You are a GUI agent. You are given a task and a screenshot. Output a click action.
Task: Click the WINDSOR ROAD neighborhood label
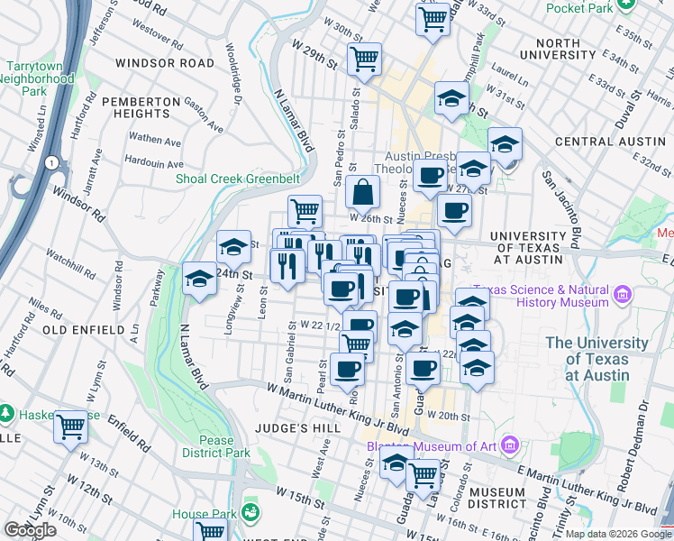(x=165, y=64)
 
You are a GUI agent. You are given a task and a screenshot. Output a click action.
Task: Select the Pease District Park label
(x=216, y=447)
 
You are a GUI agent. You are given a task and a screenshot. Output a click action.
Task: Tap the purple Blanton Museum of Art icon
(x=510, y=445)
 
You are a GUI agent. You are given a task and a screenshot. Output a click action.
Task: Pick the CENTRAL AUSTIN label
(x=609, y=142)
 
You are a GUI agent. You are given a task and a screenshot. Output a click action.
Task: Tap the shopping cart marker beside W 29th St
(x=364, y=60)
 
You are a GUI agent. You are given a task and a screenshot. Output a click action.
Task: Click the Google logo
(x=31, y=530)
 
